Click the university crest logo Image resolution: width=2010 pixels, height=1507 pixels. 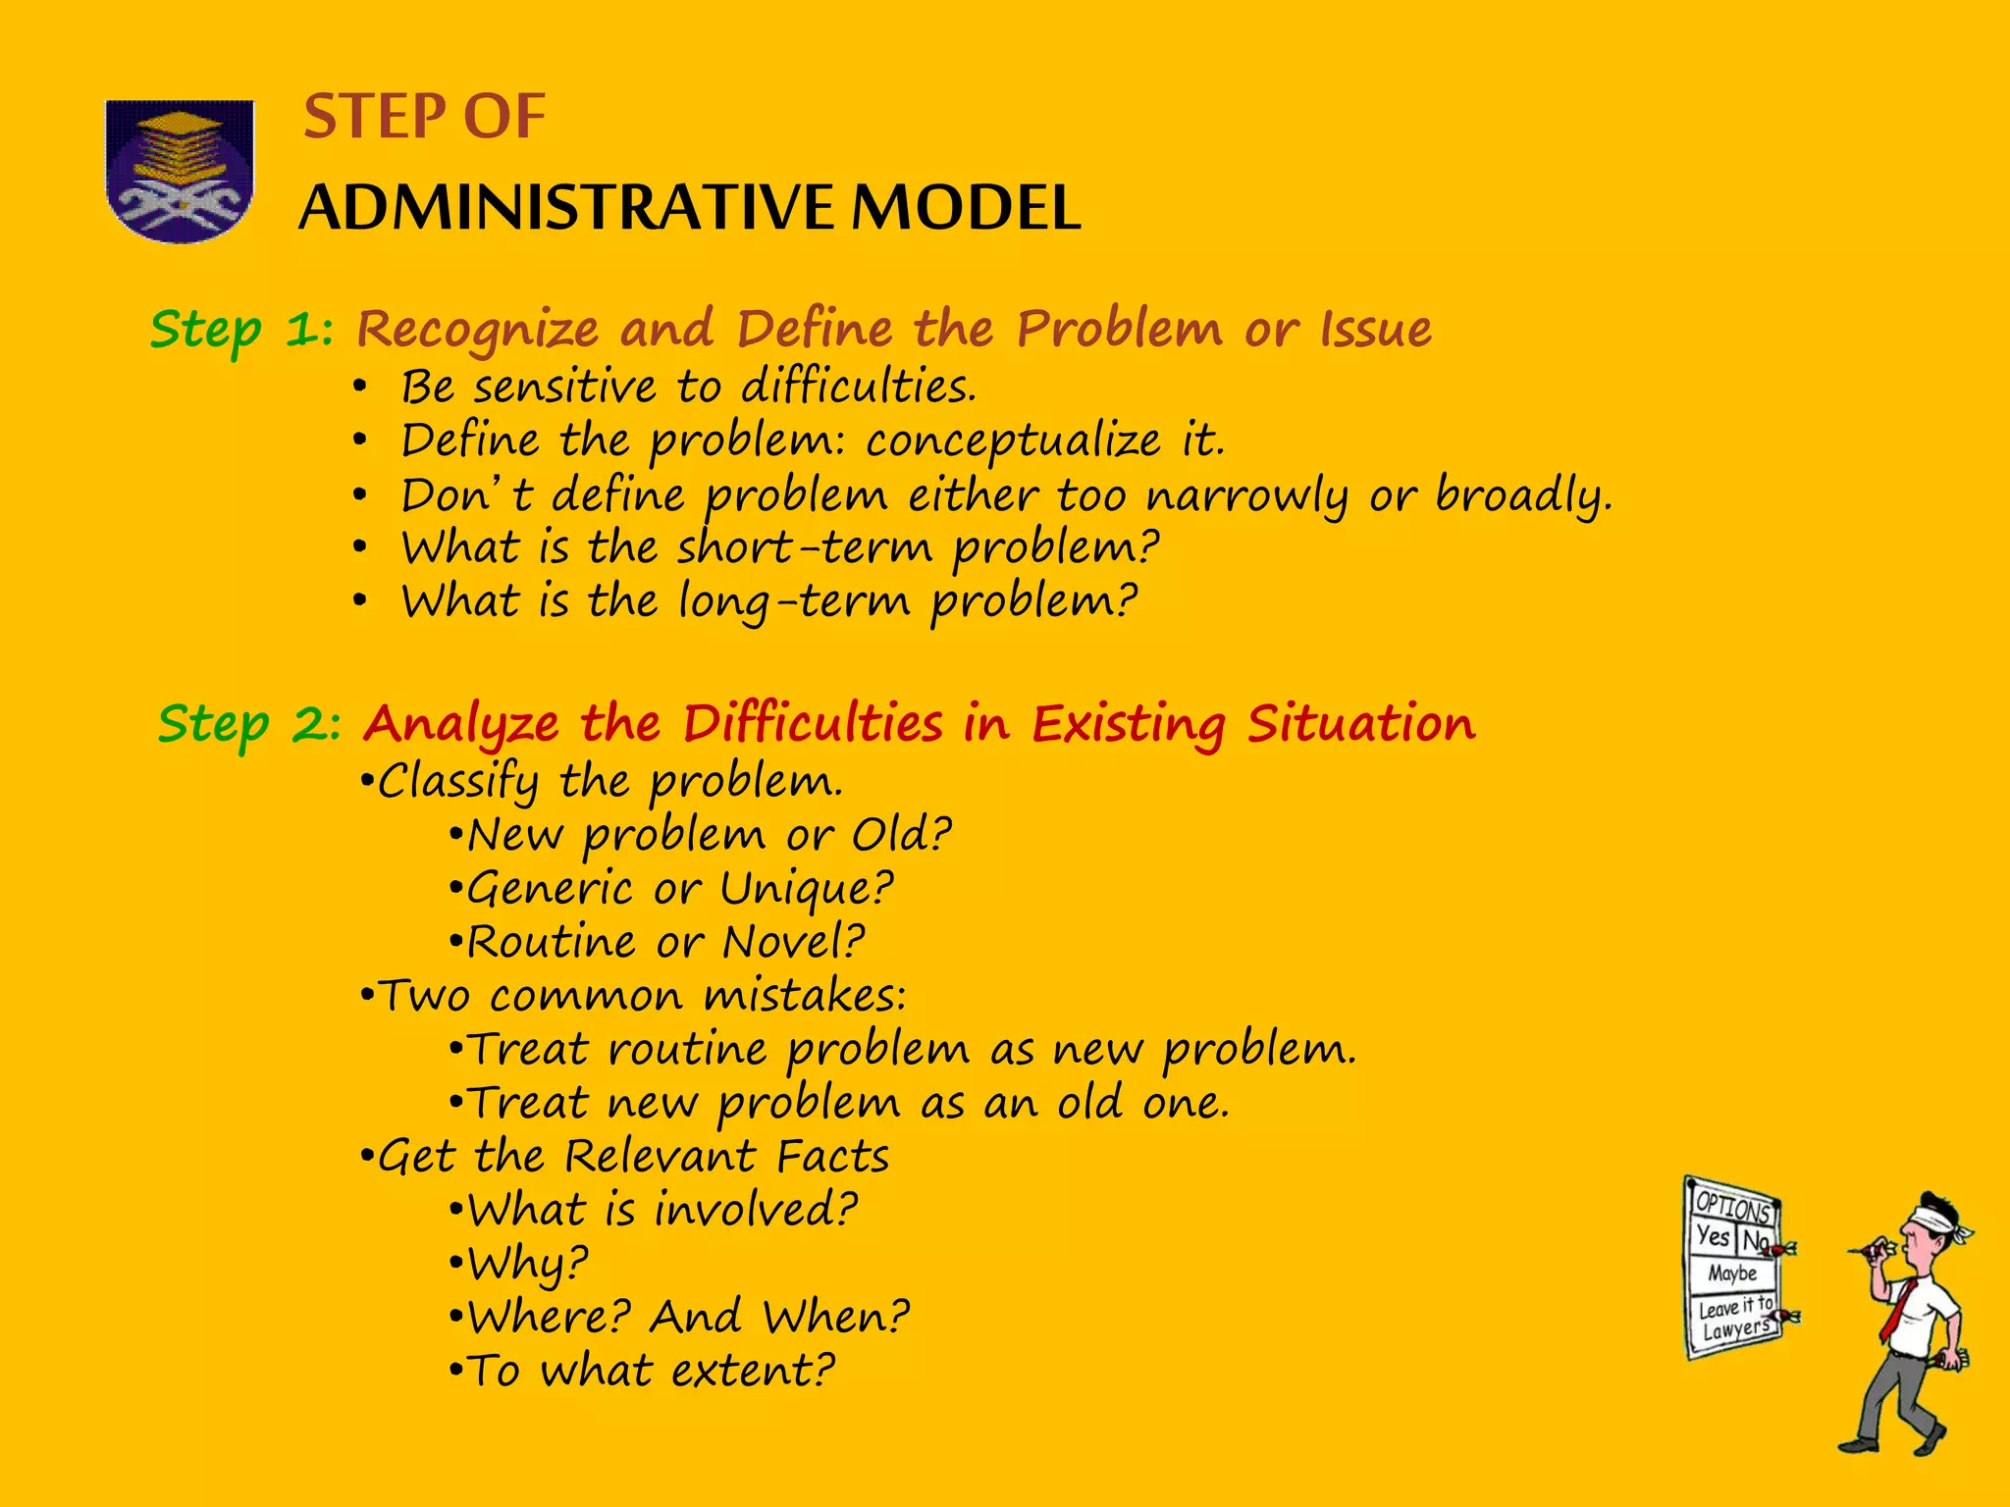click(x=180, y=171)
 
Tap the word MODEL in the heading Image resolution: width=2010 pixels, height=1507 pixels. click(x=966, y=208)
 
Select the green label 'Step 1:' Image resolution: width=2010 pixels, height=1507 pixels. click(x=241, y=330)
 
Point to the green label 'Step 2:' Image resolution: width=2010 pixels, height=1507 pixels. click(x=249, y=725)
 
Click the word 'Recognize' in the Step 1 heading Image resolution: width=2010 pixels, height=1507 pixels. click(x=477, y=330)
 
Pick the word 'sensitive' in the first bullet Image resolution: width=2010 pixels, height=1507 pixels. click(x=565, y=387)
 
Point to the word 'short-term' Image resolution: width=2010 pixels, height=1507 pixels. click(x=805, y=547)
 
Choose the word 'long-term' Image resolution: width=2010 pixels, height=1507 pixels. click(x=794, y=601)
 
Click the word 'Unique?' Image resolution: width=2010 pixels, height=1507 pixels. click(x=807, y=889)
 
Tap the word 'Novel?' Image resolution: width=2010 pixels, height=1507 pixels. click(x=793, y=943)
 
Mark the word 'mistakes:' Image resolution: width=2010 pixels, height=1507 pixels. click(x=805, y=996)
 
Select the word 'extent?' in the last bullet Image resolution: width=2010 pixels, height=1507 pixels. click(x=753, y=1371)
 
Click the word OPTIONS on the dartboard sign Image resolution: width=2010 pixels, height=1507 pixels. click(x=1733, y=1206)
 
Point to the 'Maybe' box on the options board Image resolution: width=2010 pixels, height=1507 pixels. click(x=1732, y=1273)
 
